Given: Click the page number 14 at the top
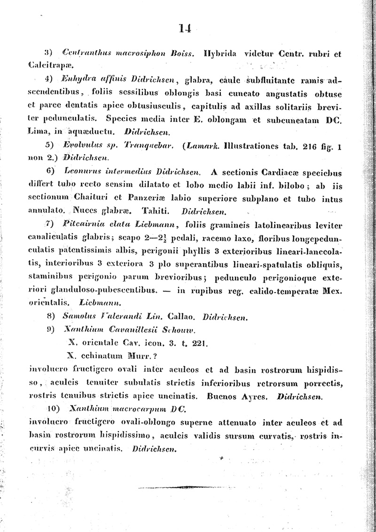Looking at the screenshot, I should point(185,29).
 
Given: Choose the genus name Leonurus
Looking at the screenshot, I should point(80,171).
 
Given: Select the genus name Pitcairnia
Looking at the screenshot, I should point(81,224).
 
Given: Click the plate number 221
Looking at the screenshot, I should point(198,343).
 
